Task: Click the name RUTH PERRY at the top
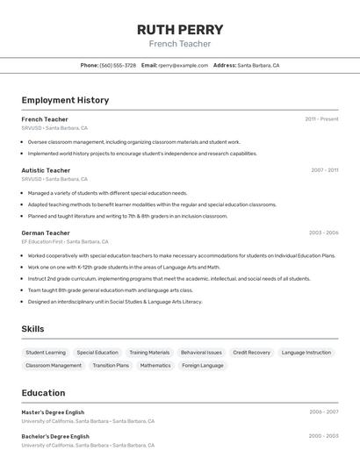(x=180, y=30)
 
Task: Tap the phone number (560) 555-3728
(x=118, y=65)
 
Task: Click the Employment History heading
(x=65, y=100)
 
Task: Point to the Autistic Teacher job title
(x=46, y=170)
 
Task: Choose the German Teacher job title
(x=46, y=232)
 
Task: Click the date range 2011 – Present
(x=321, y=118)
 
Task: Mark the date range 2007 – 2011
(x=324, y=170)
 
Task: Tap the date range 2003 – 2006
(x=323, y=232)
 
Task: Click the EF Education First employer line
(x=65, y=241)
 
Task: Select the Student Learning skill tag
(x=46, y=352)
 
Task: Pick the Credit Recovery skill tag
(x=251, y=352)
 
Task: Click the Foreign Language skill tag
(x=203, y=365)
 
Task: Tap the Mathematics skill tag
(x=155, y=365)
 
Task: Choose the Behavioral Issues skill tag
(x=201, y=352)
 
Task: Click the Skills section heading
(x=33, y=329)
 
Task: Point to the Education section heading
(x=43, y=392)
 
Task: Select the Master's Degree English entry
(x=53, y=411)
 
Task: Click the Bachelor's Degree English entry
(x=55, y=436)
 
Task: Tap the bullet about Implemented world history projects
(x=142, y=154)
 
